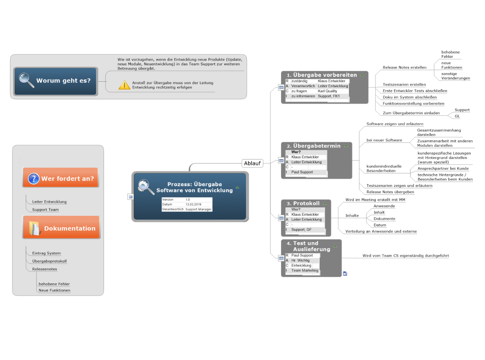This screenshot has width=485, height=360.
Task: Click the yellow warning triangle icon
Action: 124,85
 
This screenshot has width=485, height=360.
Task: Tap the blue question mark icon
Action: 34,179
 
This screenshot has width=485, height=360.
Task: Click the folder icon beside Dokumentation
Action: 34,228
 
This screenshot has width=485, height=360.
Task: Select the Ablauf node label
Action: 252,163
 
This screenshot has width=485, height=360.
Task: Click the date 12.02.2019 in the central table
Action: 193,205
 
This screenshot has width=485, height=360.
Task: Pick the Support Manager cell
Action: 198,209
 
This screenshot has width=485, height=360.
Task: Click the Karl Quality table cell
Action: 327,91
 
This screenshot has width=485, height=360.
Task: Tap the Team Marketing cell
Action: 304,270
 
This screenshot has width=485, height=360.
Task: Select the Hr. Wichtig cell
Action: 300,261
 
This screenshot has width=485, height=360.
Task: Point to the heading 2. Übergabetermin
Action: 313,146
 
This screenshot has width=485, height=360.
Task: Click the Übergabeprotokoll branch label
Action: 49,261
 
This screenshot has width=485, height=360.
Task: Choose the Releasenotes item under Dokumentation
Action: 45,269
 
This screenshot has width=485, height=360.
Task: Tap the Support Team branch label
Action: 46,210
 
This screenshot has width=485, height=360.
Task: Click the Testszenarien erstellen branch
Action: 404,85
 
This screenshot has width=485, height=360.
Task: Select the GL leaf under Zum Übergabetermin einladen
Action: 457,116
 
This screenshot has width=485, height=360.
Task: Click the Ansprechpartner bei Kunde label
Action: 443,168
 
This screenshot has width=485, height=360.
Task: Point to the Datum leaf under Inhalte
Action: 380,225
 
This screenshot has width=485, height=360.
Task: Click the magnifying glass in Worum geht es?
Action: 26,80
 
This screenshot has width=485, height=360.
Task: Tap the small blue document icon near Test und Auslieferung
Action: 345,274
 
